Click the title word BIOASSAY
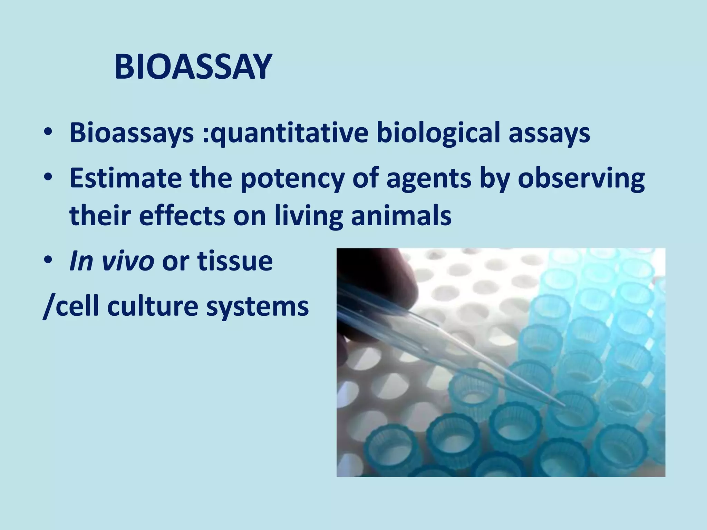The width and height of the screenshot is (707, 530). tap(193, 67)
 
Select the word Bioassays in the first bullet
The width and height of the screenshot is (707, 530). tap(132, 133)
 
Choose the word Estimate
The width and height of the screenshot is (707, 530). tap(126, 178)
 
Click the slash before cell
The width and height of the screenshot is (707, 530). tap(48, 306)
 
